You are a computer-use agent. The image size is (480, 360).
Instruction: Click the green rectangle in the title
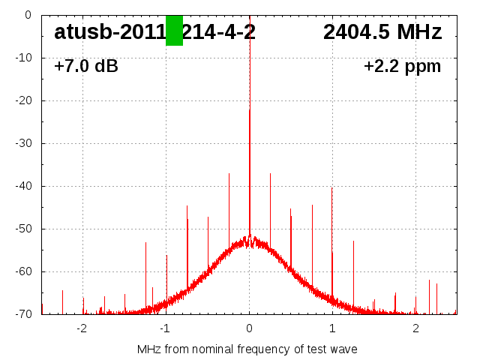click(x=174, y=30)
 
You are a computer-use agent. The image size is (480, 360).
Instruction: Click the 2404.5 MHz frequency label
click(x=382, y=32)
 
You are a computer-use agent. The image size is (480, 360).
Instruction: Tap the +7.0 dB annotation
click(x=86, y=67)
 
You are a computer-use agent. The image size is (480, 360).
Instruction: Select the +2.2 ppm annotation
click(x=402, y=67)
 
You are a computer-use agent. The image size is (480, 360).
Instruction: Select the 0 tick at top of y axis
click(x=27, y=15)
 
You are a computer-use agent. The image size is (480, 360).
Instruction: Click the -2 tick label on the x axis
click(x=82, y=328)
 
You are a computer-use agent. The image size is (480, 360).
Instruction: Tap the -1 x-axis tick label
click(x=165, y=328)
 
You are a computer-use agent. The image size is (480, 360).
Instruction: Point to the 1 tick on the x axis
click(x=332, y=328)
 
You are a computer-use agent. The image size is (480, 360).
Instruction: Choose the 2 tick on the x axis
click(x=415, y=328)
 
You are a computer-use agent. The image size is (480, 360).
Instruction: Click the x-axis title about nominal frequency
click(x=247, y=349)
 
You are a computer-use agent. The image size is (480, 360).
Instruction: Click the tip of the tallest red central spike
click(x=250, y=110)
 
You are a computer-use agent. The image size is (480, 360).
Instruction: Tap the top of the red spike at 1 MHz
click(x=332, y=187)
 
